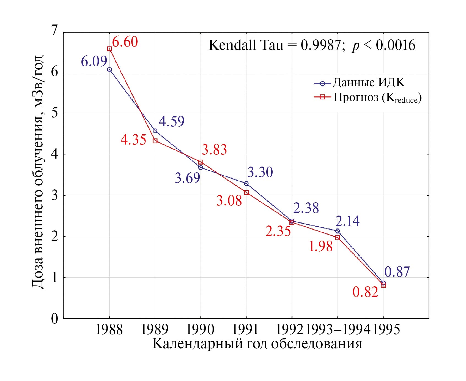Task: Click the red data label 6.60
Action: click(x=125, y=42)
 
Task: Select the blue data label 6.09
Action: click(x=94, y=61)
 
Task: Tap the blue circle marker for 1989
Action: click(x=155, y=131)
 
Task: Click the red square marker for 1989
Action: click(x=155, y=141)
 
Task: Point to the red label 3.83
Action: click(x=214, y=150)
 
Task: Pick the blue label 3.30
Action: click(x=260, y=172)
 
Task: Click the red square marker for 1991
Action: click(x=246, y=193)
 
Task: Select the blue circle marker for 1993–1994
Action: click(x=338, y=231)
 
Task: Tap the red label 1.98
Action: click(x=320, y=246)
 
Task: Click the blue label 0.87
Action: click(x=397, y=272)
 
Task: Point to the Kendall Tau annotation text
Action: click(x=312, y=45)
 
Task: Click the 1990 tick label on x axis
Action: click(x=201, y=329)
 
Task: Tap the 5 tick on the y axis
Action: click(x=55, y=113)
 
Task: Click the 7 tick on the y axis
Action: click(x=55, y=30)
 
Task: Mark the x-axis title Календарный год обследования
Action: click(x=257, y=344)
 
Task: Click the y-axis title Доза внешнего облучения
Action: click(x=38, y=172)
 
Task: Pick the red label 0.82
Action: click(x=365, y=292)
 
